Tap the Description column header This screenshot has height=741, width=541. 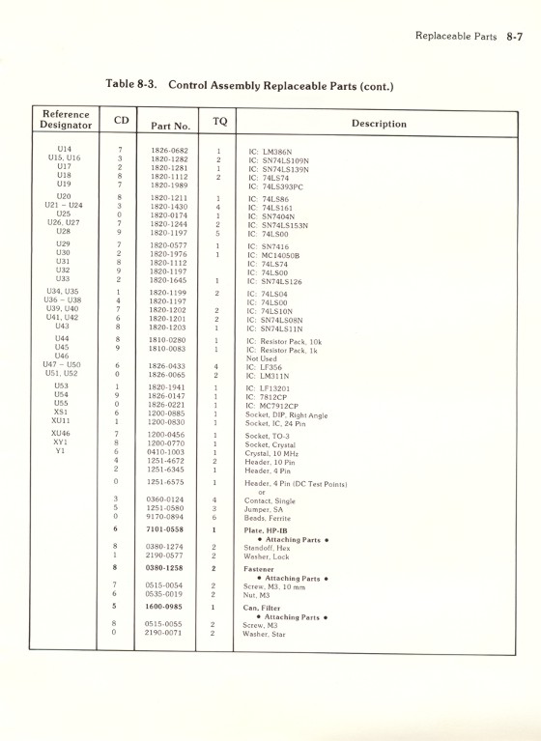(x=379, y=124)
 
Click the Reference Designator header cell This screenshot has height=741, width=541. (x=66, y=120)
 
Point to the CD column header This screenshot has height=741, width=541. (x=121, y=120)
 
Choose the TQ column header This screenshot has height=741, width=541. (x=219, y=121)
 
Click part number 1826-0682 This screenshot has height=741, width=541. (x=169, y=151)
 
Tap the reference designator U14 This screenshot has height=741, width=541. (x=64, y=150)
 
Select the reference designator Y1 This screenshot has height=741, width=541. (x=61, y=452)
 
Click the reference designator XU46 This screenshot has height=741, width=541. (x=61, y=435)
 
